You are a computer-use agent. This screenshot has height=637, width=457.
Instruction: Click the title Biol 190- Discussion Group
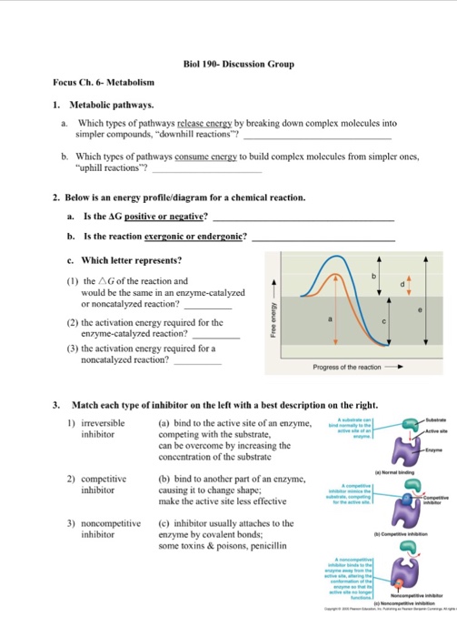click(228, 65)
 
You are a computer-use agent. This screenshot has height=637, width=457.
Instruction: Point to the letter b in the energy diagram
click(372, 276)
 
